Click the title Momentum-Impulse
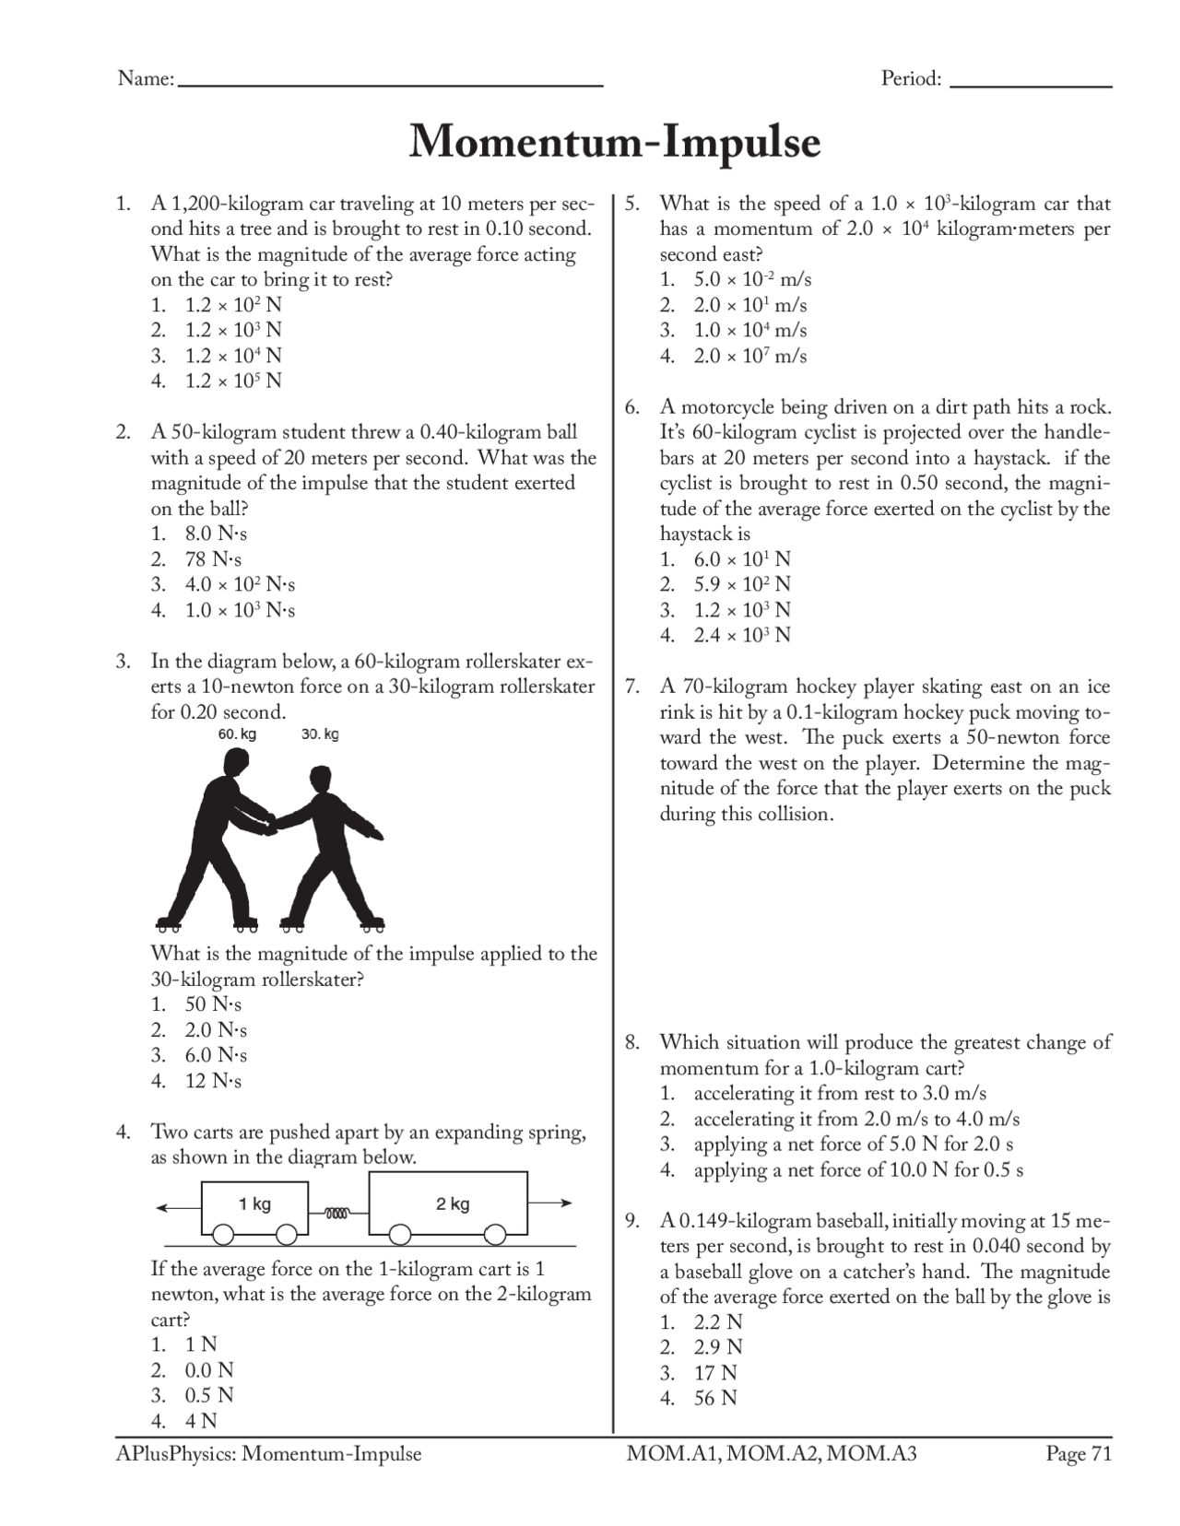614,143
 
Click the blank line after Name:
389,84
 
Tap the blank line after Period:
1030,84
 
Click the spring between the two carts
337,1213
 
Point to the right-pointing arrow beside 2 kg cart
551,1203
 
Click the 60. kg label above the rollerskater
237,734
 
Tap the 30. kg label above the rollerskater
320,734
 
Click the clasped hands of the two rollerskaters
270,823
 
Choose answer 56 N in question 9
715,1398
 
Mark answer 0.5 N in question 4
209,1395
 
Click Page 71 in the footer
1079,1454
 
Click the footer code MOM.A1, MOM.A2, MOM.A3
772,1454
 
